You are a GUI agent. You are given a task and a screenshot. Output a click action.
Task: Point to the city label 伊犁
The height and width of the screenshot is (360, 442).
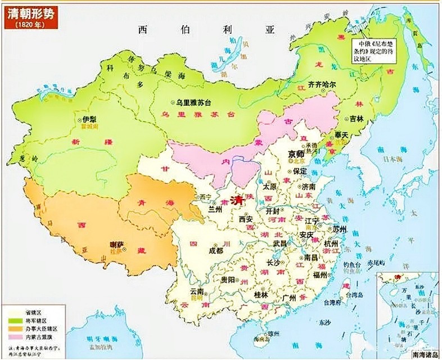[89, 120]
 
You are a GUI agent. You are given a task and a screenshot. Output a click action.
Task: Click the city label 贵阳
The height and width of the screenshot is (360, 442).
[227, 279]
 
